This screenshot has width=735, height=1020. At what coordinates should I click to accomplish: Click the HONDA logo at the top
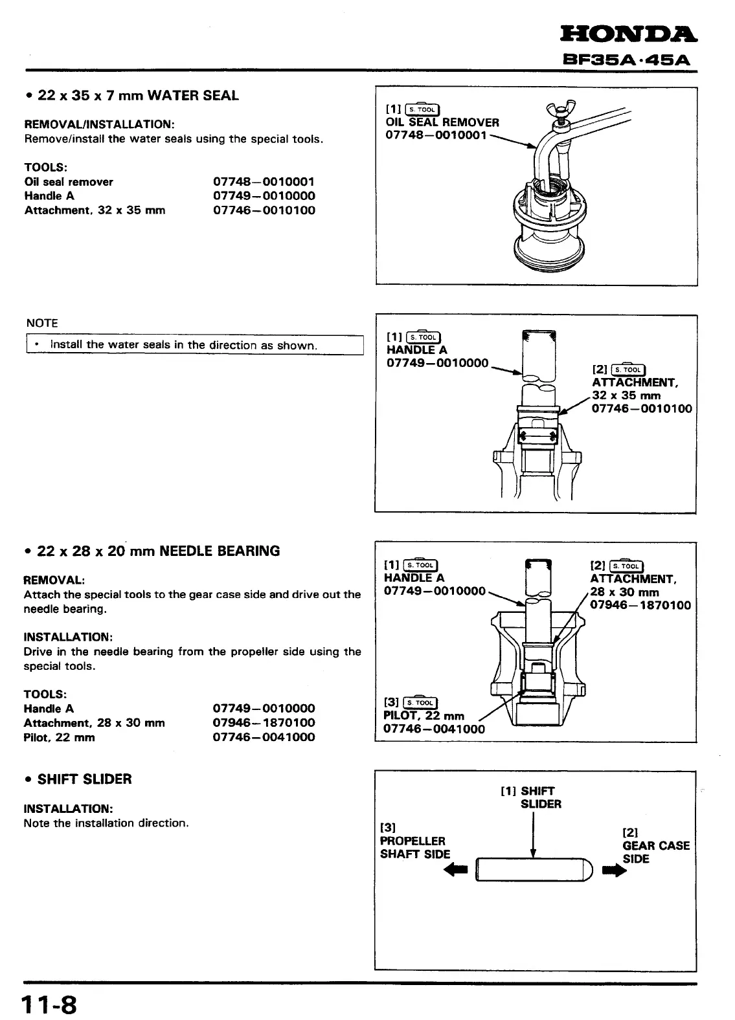[x=628, y=34]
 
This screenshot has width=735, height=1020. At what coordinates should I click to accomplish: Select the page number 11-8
[x=49, y=1005]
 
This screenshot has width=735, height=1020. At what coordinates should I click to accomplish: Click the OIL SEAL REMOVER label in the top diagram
[x=442, y=122]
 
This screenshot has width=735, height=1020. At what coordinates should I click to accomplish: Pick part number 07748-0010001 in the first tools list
[x=264, y=182]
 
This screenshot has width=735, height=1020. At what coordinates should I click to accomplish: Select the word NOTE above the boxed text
[x=42, y=323]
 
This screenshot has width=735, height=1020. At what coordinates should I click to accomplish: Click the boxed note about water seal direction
[x=194, y=345]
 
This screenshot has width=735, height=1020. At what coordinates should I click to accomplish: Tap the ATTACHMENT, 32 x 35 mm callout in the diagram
[x=635, y=389]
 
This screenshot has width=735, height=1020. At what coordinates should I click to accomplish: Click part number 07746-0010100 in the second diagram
[x=642, y=408]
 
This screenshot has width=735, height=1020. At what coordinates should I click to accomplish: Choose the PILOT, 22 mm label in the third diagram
[x=424, y=716]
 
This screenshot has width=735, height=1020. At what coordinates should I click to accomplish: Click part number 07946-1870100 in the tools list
[x=264, y=723]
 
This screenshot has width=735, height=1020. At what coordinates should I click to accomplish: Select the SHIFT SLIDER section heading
[x=84, y=779]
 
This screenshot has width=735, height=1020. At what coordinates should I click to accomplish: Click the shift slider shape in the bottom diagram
[x=535, y=869]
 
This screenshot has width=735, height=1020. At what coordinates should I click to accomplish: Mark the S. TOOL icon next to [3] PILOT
[x=420, y=702]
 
